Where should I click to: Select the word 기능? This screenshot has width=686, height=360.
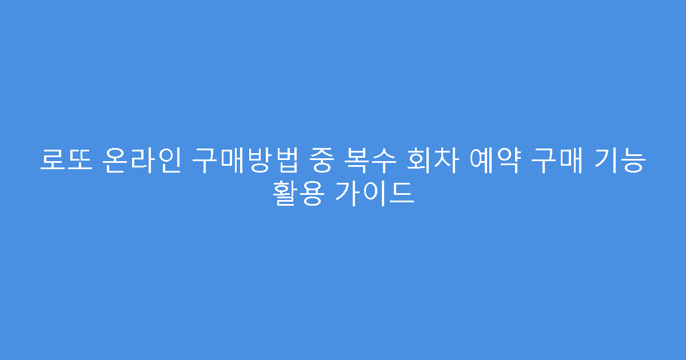[x=623, y=161]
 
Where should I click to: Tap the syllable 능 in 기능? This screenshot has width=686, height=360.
[x=636, y=161]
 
